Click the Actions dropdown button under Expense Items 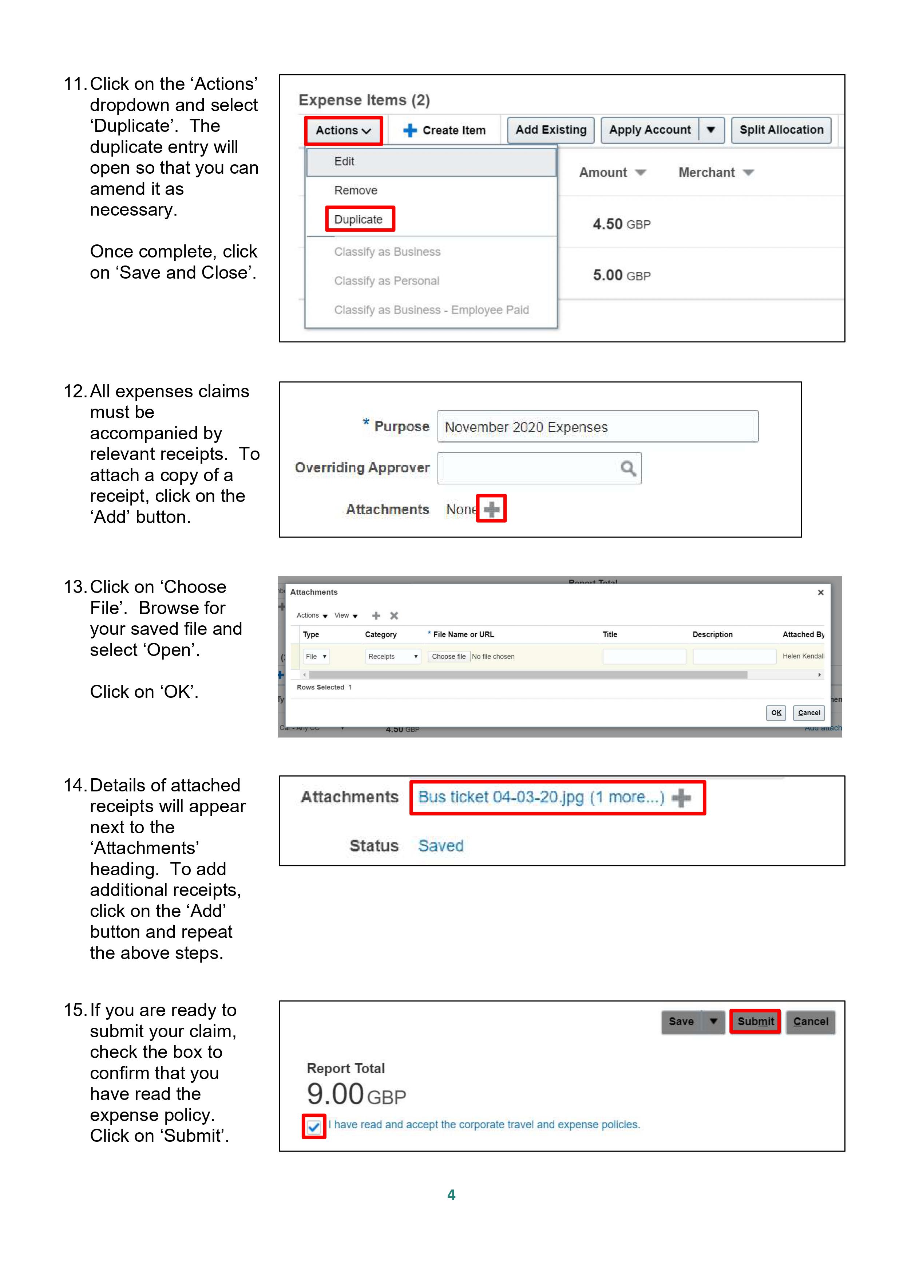pyautogui.click(x=343, y=130)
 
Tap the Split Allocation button pyautogui.click(x=781, y=130)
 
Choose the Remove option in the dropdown pyautogui.click(x=356, y=190)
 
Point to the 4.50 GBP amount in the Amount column pyautogui.click(x=621, y=224)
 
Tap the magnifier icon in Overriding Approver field pyautogui.click(x=627, y=468)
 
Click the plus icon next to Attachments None pyautogui.click(x=491, y=509)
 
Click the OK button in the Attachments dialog pyautogui.click(x=776, y=712)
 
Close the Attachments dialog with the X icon pyautogui.click(x=820, y=592)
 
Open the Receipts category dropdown pyautogui.click(x=393, y=656)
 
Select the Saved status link pyautogui.click(x=441, y=846)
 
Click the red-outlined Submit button pyautogui.click(x=755, y=1021)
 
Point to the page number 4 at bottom pyautogui.click(x=451, y=1195)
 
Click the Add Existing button pyautogui.click(x=550, y=130)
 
